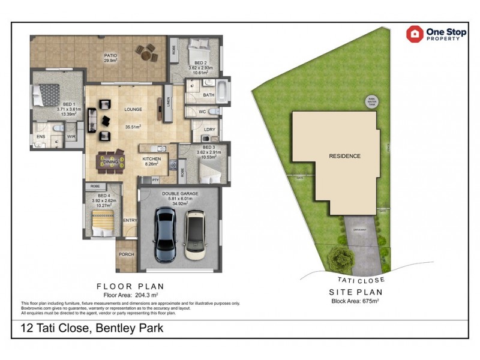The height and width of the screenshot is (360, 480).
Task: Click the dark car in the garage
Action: (x=164, y=234)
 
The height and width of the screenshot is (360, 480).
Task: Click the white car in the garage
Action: (x=194, y=234)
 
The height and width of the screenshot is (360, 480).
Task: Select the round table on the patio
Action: (x=147, y=53)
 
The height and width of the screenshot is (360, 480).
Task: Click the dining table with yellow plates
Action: (x=112, y=161)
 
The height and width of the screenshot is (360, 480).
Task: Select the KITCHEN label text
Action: (x=151, y=159)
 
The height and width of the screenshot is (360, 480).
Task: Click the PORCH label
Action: (x=126, y=254)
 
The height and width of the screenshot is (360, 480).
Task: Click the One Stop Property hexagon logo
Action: (x=415, y=34)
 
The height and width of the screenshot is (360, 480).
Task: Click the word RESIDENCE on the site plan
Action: (x=344, y=156)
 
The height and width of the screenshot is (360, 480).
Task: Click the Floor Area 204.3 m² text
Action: (x=130, y=296)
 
